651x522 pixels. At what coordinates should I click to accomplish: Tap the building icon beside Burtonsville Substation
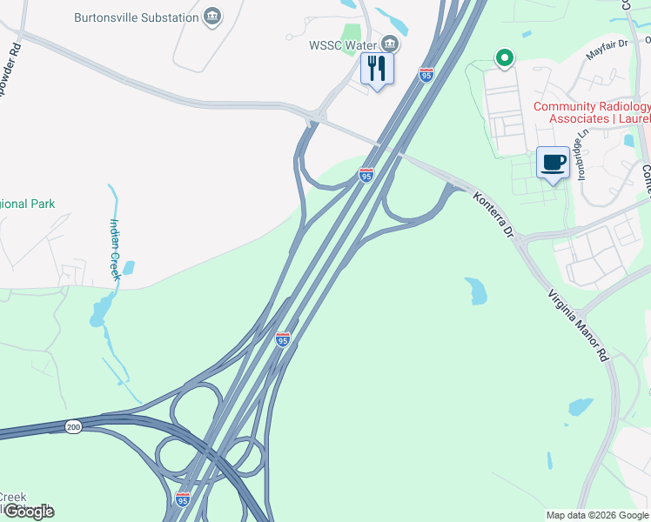point(211,17)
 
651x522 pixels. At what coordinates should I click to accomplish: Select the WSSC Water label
point(340,43)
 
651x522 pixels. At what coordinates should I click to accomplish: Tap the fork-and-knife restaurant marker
point(377,68)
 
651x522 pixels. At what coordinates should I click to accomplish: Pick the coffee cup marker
point(553,162)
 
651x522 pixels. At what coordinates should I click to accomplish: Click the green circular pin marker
point(504,59)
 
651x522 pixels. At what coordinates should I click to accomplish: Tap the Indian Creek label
point(115,248)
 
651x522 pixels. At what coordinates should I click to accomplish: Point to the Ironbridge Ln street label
point(582,151)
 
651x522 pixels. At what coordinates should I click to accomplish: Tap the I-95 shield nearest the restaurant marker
point(426,76)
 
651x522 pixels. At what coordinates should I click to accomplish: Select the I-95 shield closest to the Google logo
point(182,499)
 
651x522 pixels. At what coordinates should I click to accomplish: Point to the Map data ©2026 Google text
point(596,515)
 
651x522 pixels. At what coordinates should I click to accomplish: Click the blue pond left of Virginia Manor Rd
point(476,291)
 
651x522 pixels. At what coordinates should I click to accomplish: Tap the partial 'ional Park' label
point(28,204)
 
